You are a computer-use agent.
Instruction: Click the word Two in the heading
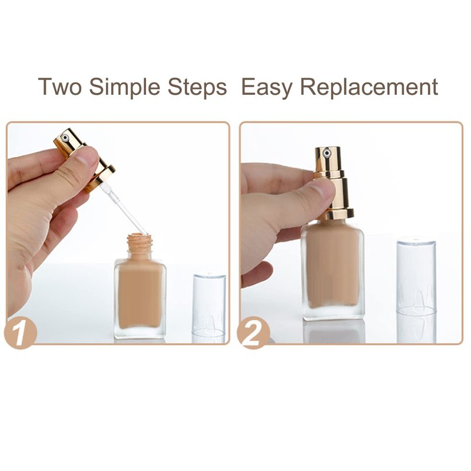(x=60, y=87)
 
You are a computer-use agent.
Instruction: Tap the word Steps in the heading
(x=197, y=87)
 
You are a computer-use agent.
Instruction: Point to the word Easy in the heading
(x=267, y=87)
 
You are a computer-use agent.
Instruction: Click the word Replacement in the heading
(x=369, y=87)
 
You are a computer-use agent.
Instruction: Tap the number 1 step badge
(x=21, y=332)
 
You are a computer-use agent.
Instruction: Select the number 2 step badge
(x=253, y=332)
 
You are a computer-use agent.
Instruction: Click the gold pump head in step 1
(x=85, y=160)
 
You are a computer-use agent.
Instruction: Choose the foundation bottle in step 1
(x=140, y=286)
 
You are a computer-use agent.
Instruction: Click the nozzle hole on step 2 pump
(x=327, y=154)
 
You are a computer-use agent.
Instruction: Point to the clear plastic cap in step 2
(x=416, y=276)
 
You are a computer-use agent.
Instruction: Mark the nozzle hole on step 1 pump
(x=65, y=138)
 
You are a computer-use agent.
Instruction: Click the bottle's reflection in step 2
(x=333, y=331)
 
